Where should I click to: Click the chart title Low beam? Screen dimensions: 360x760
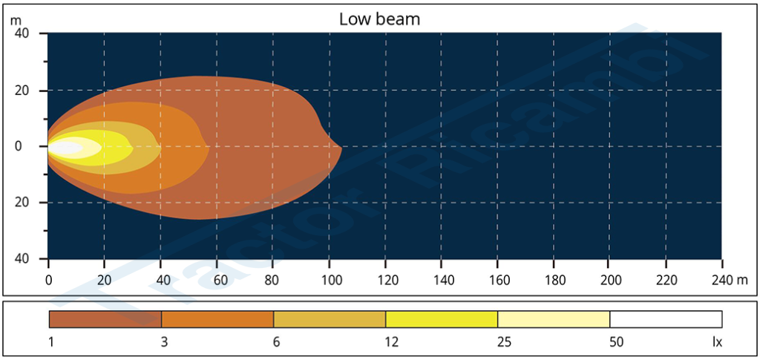(379, 19)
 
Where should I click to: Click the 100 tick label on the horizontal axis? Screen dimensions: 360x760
(329, 281)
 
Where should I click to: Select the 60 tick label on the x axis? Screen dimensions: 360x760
(217, 281)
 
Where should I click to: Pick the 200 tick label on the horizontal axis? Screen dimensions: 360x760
(609, 281)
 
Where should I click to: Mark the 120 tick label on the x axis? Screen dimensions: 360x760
(385, 281)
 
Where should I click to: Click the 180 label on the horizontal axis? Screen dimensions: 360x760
(554, 281)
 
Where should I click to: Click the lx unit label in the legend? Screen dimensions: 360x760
(717, 342)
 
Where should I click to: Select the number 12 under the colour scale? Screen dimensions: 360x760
(386, 342)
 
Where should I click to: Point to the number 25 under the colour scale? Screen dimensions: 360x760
(498, 342)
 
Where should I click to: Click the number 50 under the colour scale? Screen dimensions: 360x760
(610, 342)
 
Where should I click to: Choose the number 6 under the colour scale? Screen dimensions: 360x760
(274, 342)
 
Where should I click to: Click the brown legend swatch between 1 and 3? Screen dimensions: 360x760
(105, 319)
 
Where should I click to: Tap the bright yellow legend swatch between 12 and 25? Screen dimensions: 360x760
(442, 319)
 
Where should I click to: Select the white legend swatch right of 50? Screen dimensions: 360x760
(666, 319)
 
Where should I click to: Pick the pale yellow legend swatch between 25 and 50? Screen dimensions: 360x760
(554, 319)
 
